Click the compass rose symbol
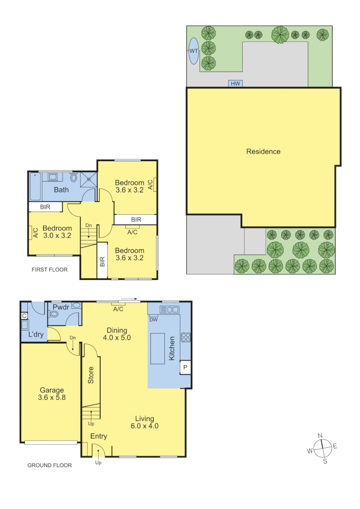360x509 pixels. point(323,448)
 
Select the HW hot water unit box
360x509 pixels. point(235,84)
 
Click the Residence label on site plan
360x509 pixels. point(263,151)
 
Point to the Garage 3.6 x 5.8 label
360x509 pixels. point(52,394)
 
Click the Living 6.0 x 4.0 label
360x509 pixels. point(144,422)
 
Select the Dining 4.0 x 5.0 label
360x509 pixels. point(116,334)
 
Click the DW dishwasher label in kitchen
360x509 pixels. point(153,320)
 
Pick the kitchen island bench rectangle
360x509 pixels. point(158,348)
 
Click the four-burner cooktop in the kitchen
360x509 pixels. point(186,337)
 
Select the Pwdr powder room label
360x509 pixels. point(61,307)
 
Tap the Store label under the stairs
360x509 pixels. point(91,375)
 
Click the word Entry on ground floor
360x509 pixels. point(98,436)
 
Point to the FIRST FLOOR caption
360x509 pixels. point(49,270)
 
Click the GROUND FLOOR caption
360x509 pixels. point(49,465)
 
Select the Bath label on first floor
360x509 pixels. point(61,190)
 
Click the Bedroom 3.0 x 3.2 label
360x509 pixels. point(57,232)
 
